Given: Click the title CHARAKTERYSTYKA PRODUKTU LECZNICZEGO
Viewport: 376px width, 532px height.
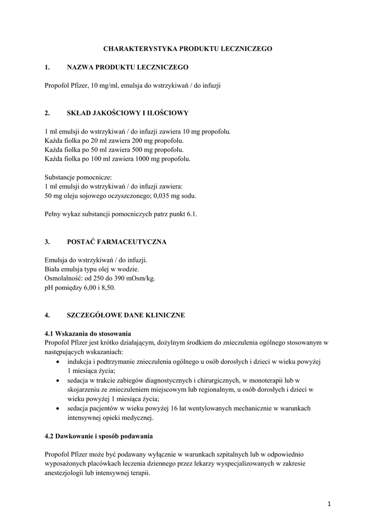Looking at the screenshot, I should point(187,48).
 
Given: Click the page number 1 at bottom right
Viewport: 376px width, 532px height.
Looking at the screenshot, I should point(329,503).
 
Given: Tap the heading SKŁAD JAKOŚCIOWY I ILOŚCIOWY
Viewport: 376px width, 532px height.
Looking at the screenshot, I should point(128,112).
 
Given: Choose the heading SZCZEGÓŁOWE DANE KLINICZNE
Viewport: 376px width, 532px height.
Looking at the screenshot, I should point(126,315).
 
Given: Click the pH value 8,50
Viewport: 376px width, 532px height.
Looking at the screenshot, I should point(107,287).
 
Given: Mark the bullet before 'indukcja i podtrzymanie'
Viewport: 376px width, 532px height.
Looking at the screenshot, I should point(57,362).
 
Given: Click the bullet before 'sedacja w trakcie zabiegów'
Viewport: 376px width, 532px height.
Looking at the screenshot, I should point(57,380).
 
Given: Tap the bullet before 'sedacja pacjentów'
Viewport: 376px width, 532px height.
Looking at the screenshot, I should point(57,408).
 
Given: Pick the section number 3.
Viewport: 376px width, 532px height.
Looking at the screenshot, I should point(47,242).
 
